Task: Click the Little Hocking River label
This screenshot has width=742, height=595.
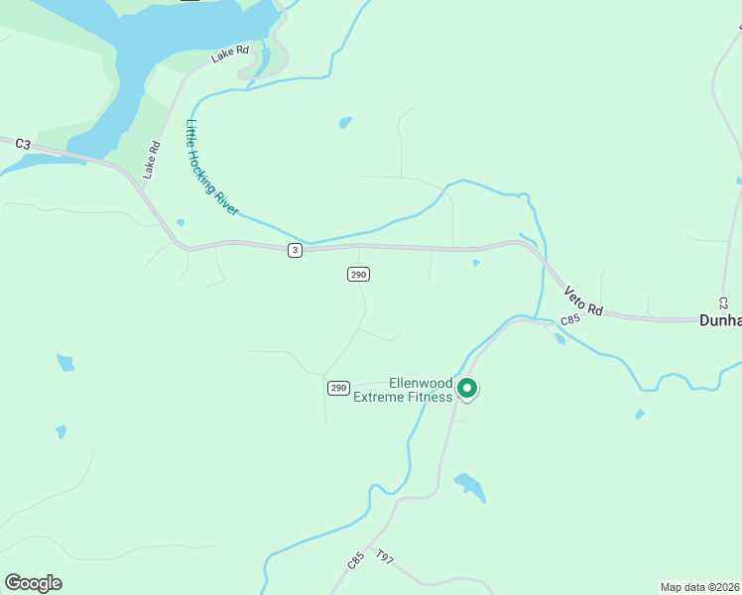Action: [x=212, y=168]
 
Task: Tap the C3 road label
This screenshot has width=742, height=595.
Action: [x=23, y=144]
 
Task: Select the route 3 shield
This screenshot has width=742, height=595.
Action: [x=295, y=250]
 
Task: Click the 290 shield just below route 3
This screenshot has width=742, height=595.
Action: [x=359, y=274]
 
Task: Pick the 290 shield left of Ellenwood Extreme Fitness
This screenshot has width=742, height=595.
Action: [x=338, y=388]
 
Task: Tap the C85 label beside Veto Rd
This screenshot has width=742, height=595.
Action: [x=569, y=320]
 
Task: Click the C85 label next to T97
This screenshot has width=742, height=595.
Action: [x=356, y=560]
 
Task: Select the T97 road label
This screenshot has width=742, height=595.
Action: [x=385, y=560]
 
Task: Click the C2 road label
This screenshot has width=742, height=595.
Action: [x=723, y=300]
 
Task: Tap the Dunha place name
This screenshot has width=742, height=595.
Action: [x=720, y=320]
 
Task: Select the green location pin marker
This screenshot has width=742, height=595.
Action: [x=467, y=389]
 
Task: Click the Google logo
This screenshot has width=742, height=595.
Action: [x=33, y=583]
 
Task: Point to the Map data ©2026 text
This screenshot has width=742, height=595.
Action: [x=699, y=587]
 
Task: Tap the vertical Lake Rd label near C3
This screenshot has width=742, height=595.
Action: [x=152, y=160]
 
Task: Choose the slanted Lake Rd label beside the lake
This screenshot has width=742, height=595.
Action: [x=229, y=54]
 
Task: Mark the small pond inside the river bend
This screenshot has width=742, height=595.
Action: [x=345, y=123]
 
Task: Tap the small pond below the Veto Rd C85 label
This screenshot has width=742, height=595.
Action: [x=560, y=339]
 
